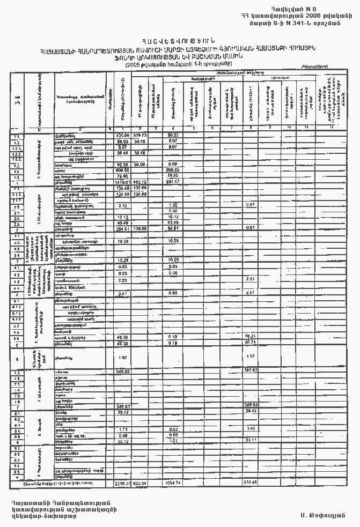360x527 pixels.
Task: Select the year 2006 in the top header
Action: (304, 16)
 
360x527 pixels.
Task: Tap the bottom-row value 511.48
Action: (250, 483)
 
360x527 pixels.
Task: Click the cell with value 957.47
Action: (173, 182)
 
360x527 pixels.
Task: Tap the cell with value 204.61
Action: (123, 229)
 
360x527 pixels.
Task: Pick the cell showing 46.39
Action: (123, 337)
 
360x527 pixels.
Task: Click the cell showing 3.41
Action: (123, 293)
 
